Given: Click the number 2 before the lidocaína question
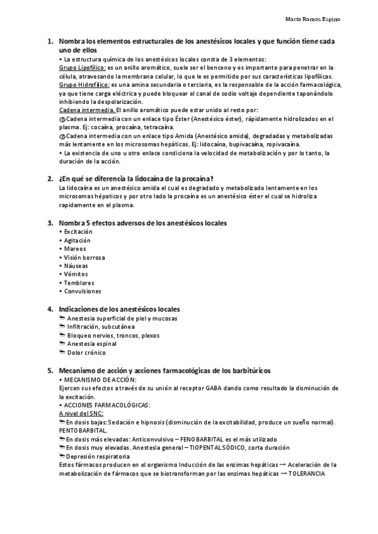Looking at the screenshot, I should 50,178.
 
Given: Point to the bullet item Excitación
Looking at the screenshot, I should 79,232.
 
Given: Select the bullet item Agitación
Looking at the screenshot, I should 77,241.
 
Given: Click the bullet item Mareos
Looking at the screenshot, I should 76,249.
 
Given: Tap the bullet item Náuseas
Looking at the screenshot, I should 77,266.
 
